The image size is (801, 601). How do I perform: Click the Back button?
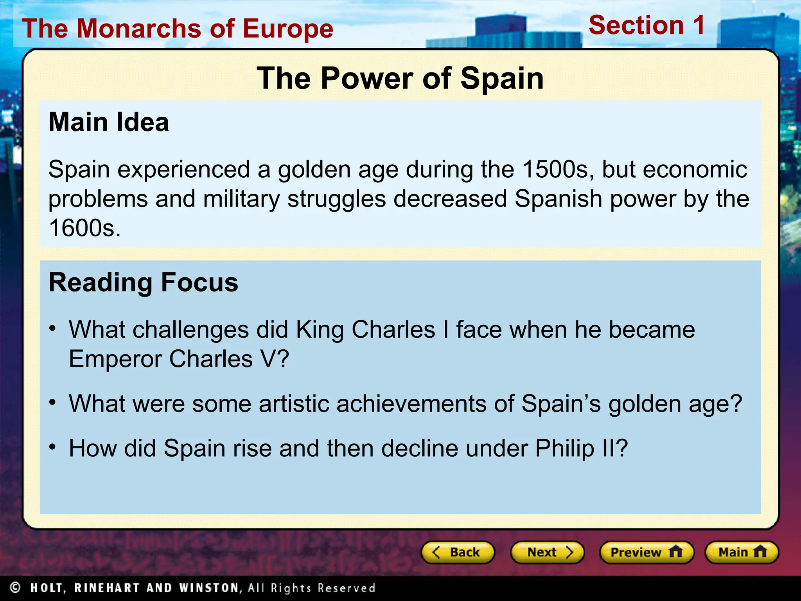tap(458, 552)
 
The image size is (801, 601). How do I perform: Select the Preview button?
tap(647, 552)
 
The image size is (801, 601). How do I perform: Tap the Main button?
tap(742, 552)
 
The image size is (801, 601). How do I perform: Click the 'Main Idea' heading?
tap(109, 122)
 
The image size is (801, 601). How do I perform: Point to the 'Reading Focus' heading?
tap(143, 282)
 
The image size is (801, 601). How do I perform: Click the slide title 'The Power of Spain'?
tap(400, 78)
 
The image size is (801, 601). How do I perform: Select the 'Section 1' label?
tap(647, 25)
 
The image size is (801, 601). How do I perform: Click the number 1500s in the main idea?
tap(555, 169)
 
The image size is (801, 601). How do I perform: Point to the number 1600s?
tap(84, 228)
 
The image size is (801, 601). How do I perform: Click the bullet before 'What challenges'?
tap(53, 328)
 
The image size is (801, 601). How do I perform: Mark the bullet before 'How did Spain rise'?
tap(53, 446)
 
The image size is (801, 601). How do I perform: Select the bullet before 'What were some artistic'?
tap(53, 402)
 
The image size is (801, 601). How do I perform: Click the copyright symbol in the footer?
tap(15, 588)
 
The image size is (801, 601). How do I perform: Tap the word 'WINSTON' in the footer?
tap(209, 588)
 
